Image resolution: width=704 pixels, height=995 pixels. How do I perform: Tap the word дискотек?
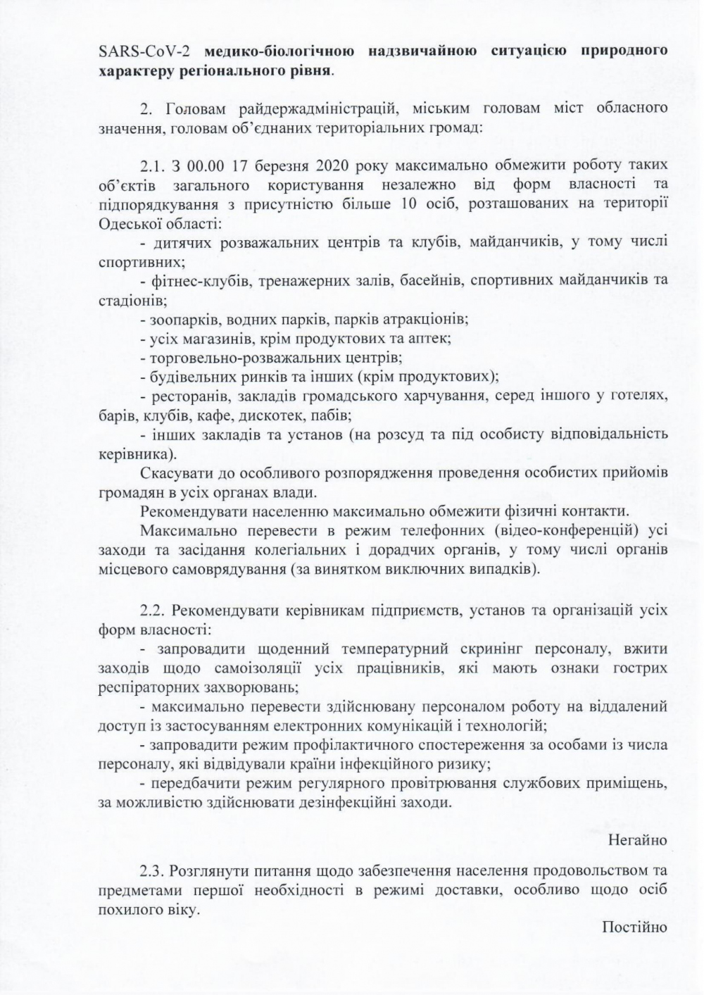(x=274, y=414)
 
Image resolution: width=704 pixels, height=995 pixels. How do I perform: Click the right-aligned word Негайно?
(x=637, y=840)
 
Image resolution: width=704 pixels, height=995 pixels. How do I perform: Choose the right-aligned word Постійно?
(x=634, y=927)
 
